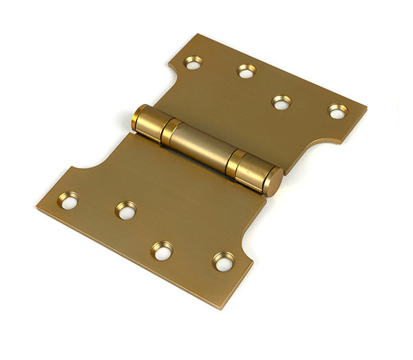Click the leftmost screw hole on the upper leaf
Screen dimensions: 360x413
[193, 63]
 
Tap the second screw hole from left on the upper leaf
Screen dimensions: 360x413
[246, 71]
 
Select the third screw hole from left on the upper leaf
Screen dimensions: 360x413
[281, 102]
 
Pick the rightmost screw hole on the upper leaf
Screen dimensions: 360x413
[337, 111]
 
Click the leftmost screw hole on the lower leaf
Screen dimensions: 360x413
[68, 200]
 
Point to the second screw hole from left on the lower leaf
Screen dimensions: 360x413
[126, 211]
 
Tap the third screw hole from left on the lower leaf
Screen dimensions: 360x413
[162, 251]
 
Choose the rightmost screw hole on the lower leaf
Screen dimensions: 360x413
[223, 262]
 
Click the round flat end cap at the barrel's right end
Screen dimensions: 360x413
[273, 182]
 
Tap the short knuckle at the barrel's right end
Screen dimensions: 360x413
[254, 172]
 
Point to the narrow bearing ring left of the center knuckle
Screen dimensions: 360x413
[171, 131]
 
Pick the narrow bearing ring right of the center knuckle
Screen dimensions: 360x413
[235, 162]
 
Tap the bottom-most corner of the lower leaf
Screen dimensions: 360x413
[223, 307]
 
